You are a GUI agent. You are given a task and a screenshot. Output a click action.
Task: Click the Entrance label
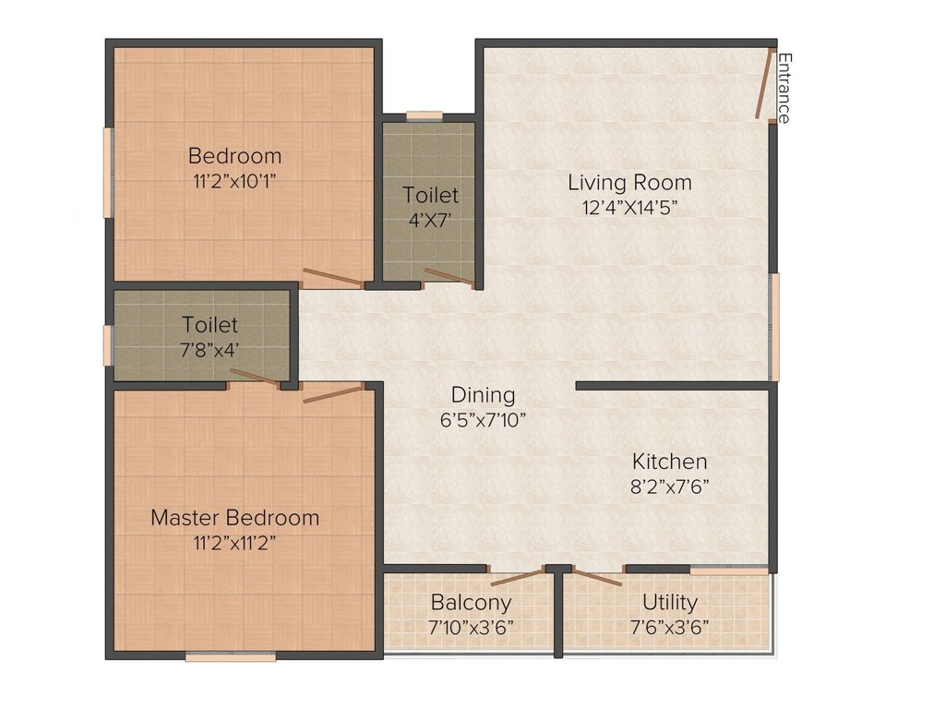[x=784, y=88]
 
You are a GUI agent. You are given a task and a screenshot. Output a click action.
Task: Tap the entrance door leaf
[x=764, y=84]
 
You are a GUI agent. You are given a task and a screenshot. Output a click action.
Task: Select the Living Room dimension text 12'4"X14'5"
[x=629, y=208]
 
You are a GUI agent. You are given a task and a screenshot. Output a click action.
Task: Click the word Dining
[x=484, y=395]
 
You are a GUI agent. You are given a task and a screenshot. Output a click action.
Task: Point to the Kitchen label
[x=670, y=462]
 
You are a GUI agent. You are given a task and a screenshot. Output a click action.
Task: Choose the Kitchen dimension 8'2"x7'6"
[x=670, y=487]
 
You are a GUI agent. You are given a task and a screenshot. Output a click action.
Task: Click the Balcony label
[x=472, y=603]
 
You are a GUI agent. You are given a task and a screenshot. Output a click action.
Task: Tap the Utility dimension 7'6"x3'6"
[x=670, y=628]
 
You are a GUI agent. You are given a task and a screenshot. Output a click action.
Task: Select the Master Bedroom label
[x=235, y=518]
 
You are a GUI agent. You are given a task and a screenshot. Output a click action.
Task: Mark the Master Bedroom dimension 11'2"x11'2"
[x=235, y=543]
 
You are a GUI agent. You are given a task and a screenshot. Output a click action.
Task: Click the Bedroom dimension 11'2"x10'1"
[x=235, y=182]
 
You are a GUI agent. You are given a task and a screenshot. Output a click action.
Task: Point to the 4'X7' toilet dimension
[x=430, y=221]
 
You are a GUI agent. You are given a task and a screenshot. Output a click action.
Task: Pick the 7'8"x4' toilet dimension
[x=210, y=350]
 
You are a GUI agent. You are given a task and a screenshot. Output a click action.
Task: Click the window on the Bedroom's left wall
[x=108, y=173]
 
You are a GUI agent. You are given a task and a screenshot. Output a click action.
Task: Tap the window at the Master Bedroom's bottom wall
[x=231, y=656]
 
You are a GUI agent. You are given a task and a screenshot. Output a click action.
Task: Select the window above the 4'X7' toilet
[x=425, y=116]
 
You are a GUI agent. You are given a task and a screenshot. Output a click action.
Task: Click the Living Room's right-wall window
[x=774, y=327]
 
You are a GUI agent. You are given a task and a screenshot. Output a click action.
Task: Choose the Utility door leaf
[x=597, y=577]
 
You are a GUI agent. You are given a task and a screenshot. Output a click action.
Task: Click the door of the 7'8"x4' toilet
[x=255, y=377]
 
